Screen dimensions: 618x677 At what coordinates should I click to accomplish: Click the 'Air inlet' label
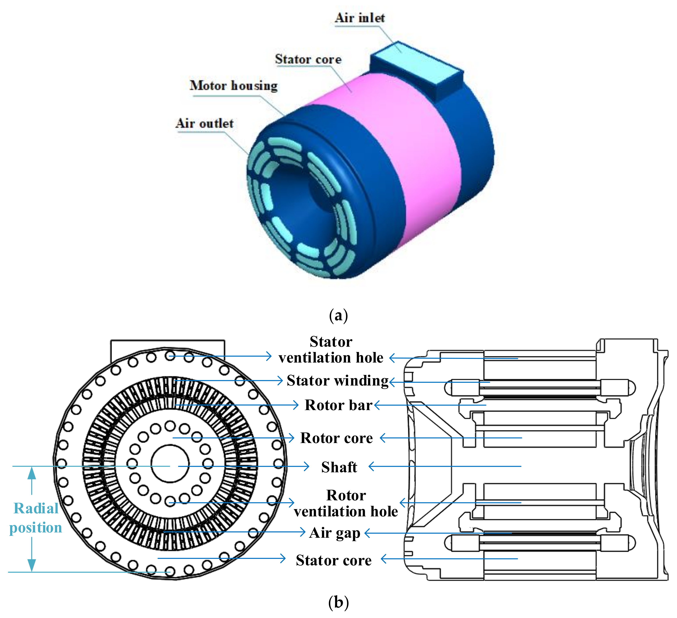pos(360,18)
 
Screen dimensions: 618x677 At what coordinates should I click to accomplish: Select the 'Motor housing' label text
pos(234,86)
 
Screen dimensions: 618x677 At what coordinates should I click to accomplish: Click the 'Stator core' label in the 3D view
pos(308,60)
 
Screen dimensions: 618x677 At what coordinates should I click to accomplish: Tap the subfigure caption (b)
pos(338,603)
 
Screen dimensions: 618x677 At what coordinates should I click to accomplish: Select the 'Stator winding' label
pos(338,381)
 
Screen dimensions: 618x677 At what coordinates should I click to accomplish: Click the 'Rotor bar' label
pos(338,405)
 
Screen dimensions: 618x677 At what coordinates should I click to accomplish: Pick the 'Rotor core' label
pos(337,438)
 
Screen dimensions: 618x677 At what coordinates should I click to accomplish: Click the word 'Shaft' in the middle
pos(339,467)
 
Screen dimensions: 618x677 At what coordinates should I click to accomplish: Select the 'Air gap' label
pos(335,533)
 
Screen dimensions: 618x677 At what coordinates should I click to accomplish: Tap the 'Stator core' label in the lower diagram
pos(334,560)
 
